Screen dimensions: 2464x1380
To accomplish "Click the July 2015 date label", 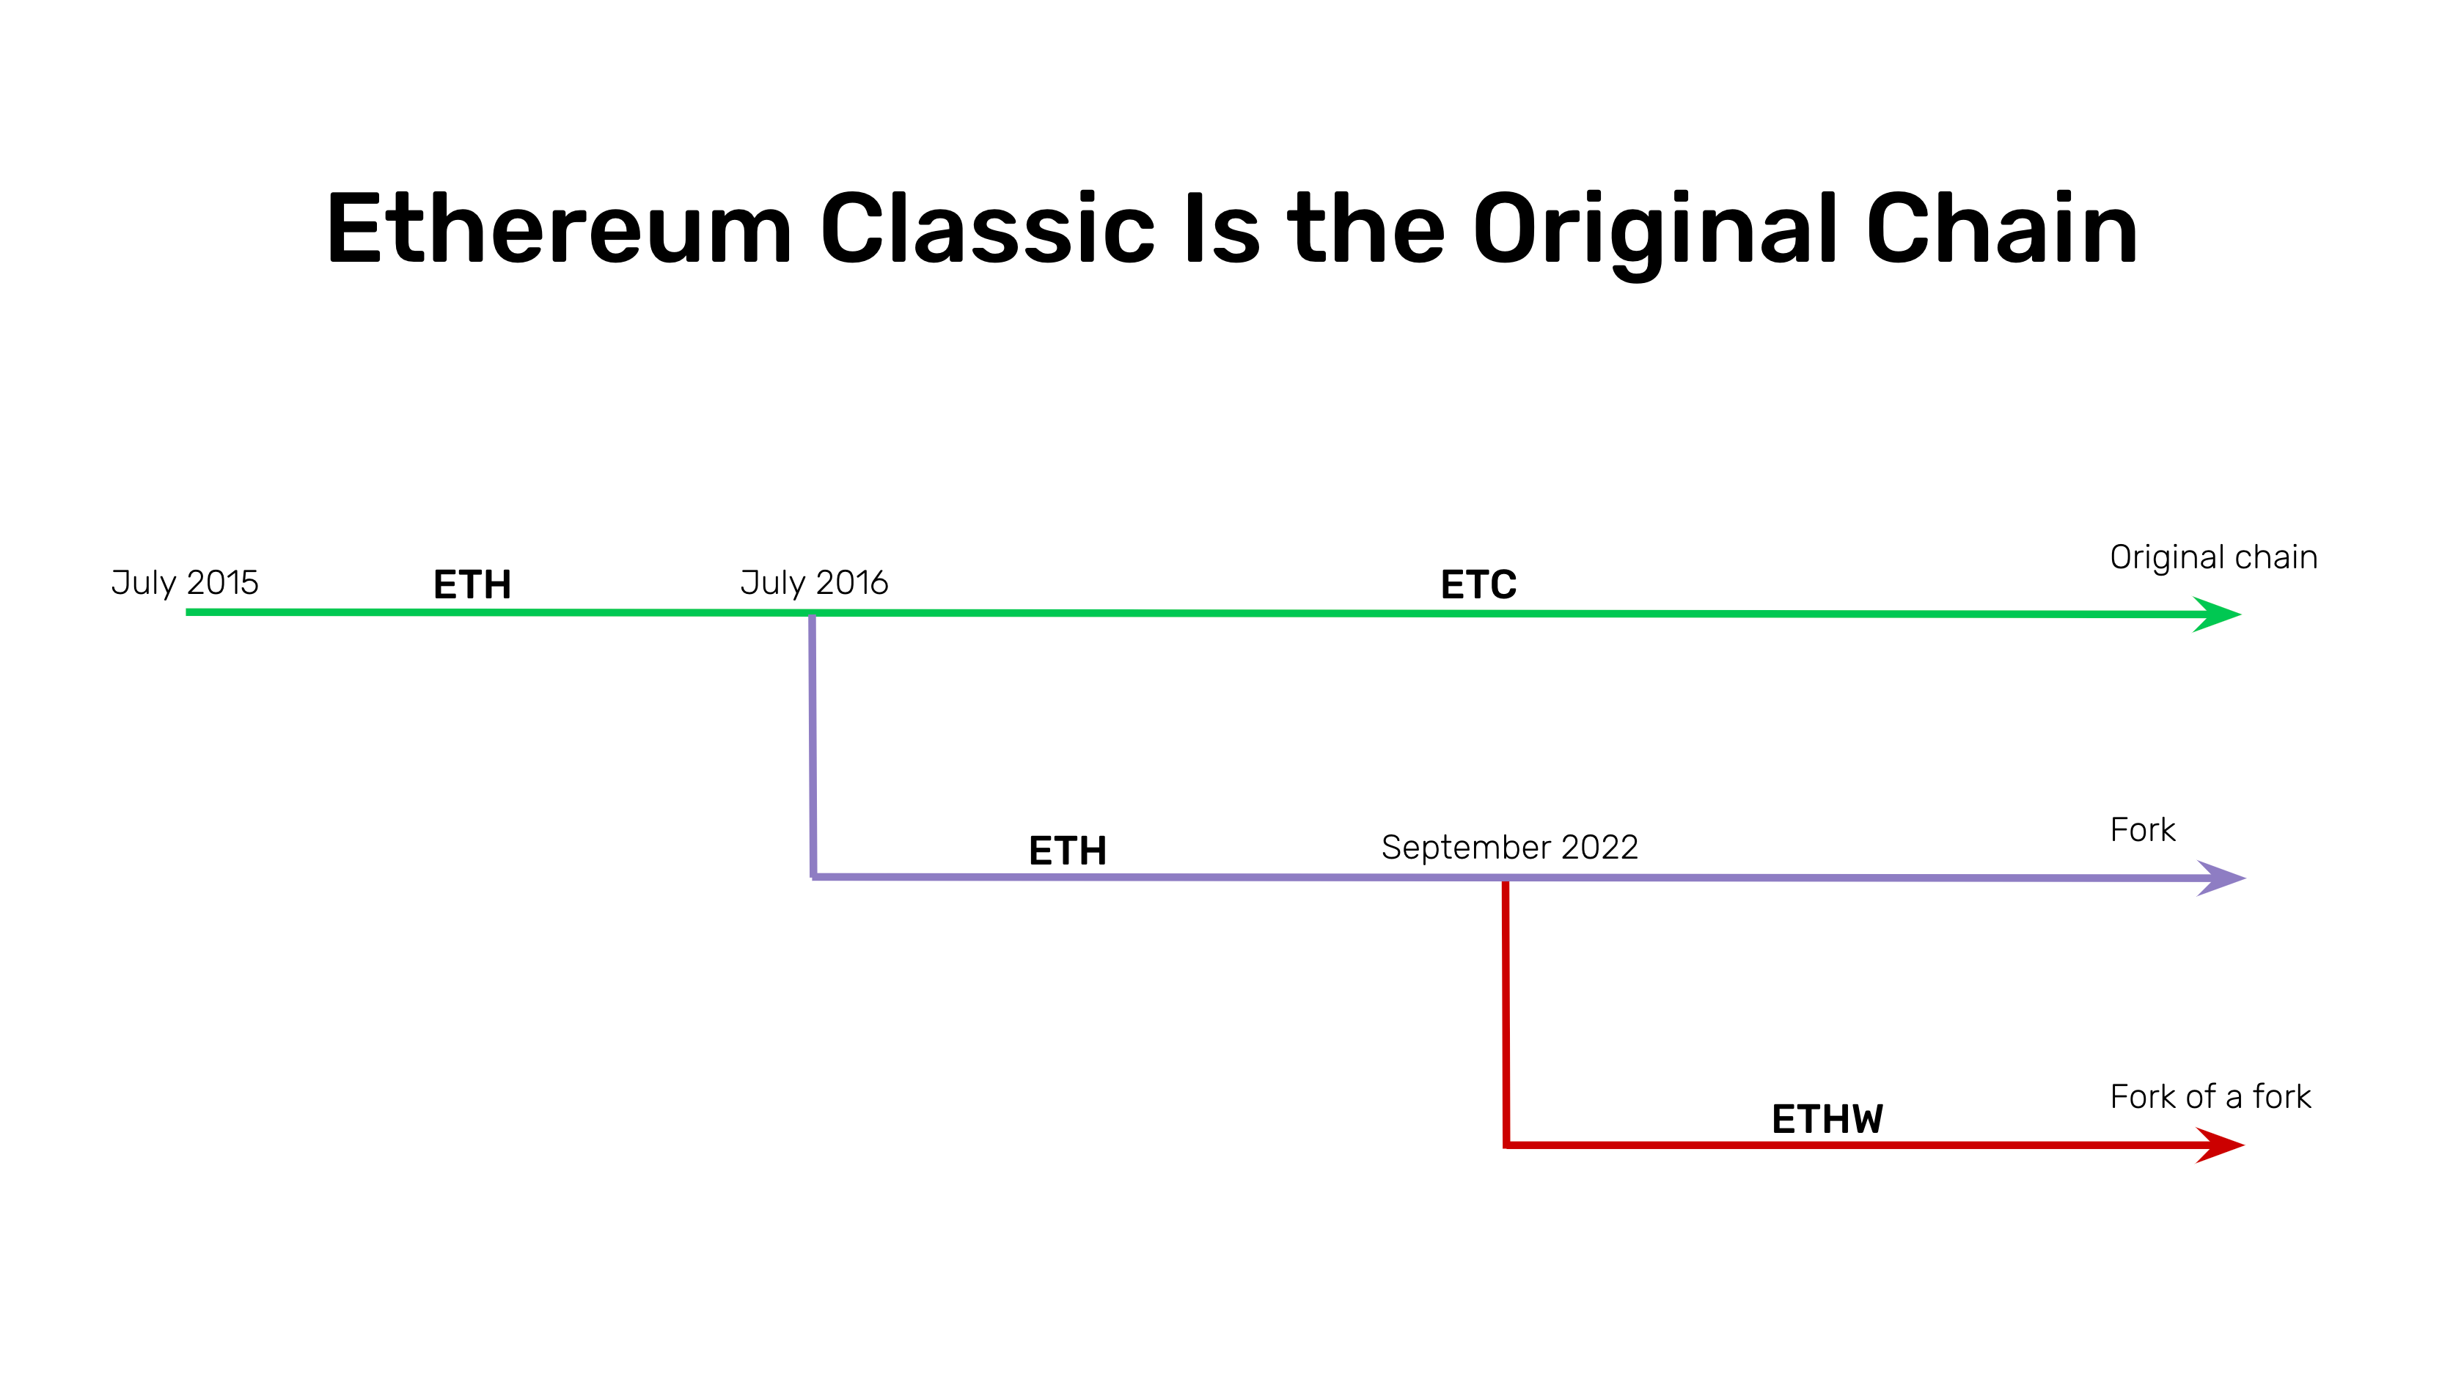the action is click(x=185, y=581).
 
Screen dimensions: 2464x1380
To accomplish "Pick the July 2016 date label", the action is click(x=814, y=581).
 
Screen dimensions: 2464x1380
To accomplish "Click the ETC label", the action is click(x=1479, y=584).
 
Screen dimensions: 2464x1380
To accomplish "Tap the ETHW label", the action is click(x=1827, y=1119).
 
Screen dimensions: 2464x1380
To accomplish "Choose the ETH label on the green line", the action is click(x=472, y=584).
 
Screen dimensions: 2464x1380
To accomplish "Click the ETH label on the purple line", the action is click(x=1068, y=850).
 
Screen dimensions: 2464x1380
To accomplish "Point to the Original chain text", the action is click(x=2213, y=557).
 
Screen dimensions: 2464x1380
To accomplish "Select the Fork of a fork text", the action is click(x=2210, y=1096).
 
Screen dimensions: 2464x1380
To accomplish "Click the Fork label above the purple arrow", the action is click(x=2143, y=829).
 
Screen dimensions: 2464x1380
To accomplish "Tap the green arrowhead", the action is click(x=2217, y=614).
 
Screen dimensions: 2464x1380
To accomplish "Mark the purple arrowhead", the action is click(x=2221, y=878).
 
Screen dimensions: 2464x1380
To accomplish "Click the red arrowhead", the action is click(x=2220, y=1145).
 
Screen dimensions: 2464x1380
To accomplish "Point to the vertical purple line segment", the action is click(x=812, y=746).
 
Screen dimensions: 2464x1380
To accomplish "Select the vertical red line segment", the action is click(x=1506, y=1013).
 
